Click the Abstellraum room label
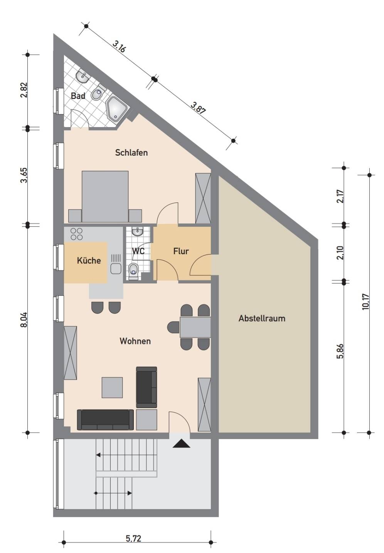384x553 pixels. tap(262, 318)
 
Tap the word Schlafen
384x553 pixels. tap(131, 152)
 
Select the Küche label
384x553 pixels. tap(89, 260)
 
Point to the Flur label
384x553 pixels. tap(181, 251)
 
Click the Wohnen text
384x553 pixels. tap(135, 341)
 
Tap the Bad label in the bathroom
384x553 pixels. tap(78, 96)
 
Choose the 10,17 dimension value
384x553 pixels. tap(366, 302)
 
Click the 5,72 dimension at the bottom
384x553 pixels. tap(134, 538)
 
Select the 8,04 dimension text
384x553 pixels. tap(24, 320)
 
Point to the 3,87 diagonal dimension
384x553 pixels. tap(198, 108)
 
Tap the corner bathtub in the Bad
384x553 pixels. tap(116, 109)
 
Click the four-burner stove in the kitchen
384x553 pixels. tap(76, 234)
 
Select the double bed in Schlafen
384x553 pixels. tap(105, 196)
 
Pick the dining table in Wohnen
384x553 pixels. tap(195, 327)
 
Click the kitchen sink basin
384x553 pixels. tap(116, 268)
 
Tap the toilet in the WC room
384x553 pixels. tap(134, 271)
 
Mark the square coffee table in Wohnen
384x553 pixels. tap(112, 387)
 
